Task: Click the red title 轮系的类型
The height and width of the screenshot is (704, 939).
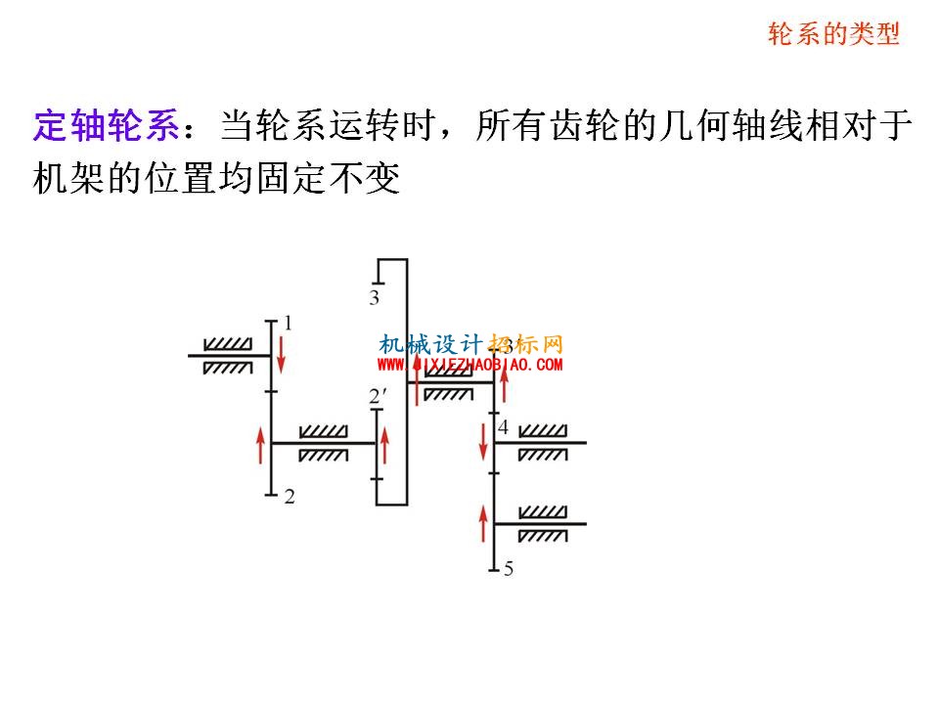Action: pyautogui.click(x=833, y=33)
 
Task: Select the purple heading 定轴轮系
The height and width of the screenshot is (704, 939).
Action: pyautogui.click(x=106, y=126)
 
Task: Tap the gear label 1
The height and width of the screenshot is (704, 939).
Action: pyautogui.click(x=288, y=324)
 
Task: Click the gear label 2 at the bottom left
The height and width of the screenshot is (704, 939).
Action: pyautogui.click(x=290, y=497)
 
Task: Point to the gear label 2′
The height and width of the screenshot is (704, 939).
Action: pyautogui.click(x=378, y=396)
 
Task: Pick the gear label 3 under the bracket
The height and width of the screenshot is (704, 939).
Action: pyautogui.click(x=375, y=297)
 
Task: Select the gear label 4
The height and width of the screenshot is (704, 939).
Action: pyautogui.click(x=503, y=427)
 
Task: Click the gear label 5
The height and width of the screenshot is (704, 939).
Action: pyautogui.click(x=509, y=569)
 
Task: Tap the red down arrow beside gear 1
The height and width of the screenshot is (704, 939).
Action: pyautogui.click(x=281, y=354)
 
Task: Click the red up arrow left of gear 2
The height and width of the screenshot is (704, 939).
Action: pyautogui.click(x=260, y=446)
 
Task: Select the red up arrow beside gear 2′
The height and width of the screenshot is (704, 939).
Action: pyautogui.click(x=384, y=446)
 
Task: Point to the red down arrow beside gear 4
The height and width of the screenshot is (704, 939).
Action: pyautogui.click(x=483, y=442)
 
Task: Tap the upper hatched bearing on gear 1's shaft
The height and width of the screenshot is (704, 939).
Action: pyautogui.click(x=228, y=344)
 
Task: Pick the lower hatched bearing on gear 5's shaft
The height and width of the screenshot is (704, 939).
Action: pyautogui.click(x=543, y=536)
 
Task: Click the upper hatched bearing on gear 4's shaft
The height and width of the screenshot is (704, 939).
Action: pyautogui.click(x=543, y=431)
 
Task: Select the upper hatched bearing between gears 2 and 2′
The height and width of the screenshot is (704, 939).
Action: pyautogui.click(x=324, y=431)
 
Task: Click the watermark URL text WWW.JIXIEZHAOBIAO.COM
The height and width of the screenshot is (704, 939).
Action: pyautogui.click(x=470, y=364)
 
